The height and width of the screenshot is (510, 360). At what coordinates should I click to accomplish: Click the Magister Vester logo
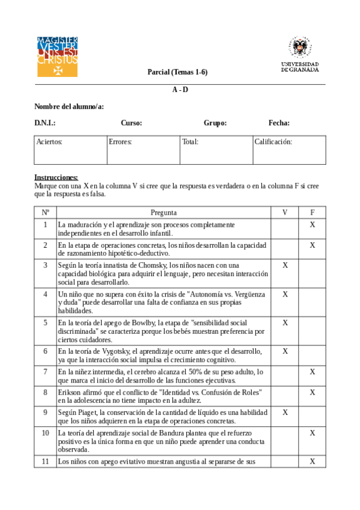pos(57,57)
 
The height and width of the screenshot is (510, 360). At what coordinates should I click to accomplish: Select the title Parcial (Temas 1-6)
pos(177,72)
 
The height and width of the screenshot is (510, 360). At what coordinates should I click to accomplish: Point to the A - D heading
pos(180,90)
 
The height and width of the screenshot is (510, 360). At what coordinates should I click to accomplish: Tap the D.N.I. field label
pos(45,123)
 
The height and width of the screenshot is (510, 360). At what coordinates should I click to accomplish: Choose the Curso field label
pos(131,123)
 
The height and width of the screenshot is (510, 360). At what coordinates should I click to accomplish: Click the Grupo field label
pos(215,123)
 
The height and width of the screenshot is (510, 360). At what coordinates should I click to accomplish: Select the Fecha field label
pos(279,123)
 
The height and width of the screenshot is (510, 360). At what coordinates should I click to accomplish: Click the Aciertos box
pos(70,150)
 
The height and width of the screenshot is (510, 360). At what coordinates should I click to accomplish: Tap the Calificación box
pos(289,150)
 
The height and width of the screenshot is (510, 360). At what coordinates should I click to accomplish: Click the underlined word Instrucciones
pos(56,177)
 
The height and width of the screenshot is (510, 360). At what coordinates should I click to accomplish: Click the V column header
pos(285,212)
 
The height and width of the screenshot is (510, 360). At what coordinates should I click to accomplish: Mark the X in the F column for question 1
pos(312,224)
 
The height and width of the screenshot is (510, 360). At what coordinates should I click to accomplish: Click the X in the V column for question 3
pos(285,265)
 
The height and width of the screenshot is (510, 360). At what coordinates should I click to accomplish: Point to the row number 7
pos(45,372)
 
